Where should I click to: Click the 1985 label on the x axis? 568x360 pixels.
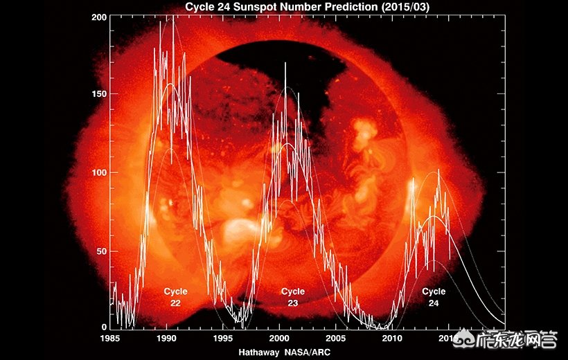pyautogui.click(x=110, y=339)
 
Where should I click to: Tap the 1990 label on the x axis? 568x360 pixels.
pyautogui.click(x=166, y=339)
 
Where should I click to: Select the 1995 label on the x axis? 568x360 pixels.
pyautogui.click(x=223, y=339)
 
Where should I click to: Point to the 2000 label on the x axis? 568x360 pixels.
pyautogui.click(x=279, y=339)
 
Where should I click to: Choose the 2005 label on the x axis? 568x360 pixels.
pyautogui.click(x=336, y=339)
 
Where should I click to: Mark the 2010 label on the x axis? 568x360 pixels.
pyautogui.click(x=392, y=339)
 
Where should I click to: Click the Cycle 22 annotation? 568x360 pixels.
pyautogui.click(x=176, y=297)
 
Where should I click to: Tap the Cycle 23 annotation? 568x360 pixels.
pyautogui.click(x=293, y=297)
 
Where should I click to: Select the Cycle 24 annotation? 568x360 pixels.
pyautogui.click(x=434, y=297)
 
